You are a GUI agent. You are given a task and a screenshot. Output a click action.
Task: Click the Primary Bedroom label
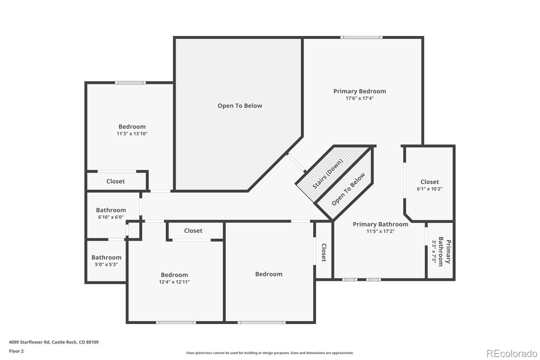[x=359, y=91]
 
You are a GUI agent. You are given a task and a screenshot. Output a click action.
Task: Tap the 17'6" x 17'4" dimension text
[x=359, y=98]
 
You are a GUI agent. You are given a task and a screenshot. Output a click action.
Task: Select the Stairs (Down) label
[x=328, y=174]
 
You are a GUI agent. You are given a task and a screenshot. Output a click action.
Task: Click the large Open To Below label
[x=240, y=106]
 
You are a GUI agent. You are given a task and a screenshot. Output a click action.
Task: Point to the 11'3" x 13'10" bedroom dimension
[x=132, y=134]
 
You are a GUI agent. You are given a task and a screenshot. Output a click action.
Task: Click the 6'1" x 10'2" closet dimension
[x=429, y=189]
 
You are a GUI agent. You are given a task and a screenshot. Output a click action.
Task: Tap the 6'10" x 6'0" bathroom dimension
[x=111, y=217]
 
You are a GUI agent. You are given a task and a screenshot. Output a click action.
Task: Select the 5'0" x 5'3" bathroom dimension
[x=106, y=265]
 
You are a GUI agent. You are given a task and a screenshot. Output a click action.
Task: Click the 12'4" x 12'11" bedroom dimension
[x=174, y=282]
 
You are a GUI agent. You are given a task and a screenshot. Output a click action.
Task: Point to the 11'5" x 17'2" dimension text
[x=381, y=231]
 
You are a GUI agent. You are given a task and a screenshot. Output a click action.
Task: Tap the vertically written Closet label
[x=324, y=253]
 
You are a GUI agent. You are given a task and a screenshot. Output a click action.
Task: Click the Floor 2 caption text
[x=16, y=351]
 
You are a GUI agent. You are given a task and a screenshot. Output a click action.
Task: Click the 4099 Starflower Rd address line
[x=54, y=342]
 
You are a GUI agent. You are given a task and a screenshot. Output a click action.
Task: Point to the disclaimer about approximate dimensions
[x=270, y=353]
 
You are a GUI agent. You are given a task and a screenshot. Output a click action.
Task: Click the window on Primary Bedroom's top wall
[x=361, y=37]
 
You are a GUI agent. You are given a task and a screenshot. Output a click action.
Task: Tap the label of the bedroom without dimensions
[x=269, y=274]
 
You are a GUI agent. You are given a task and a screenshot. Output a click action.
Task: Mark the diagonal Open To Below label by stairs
[x=348, y=189]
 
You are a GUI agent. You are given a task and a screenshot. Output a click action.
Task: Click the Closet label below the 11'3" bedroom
[x=116, y=181]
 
